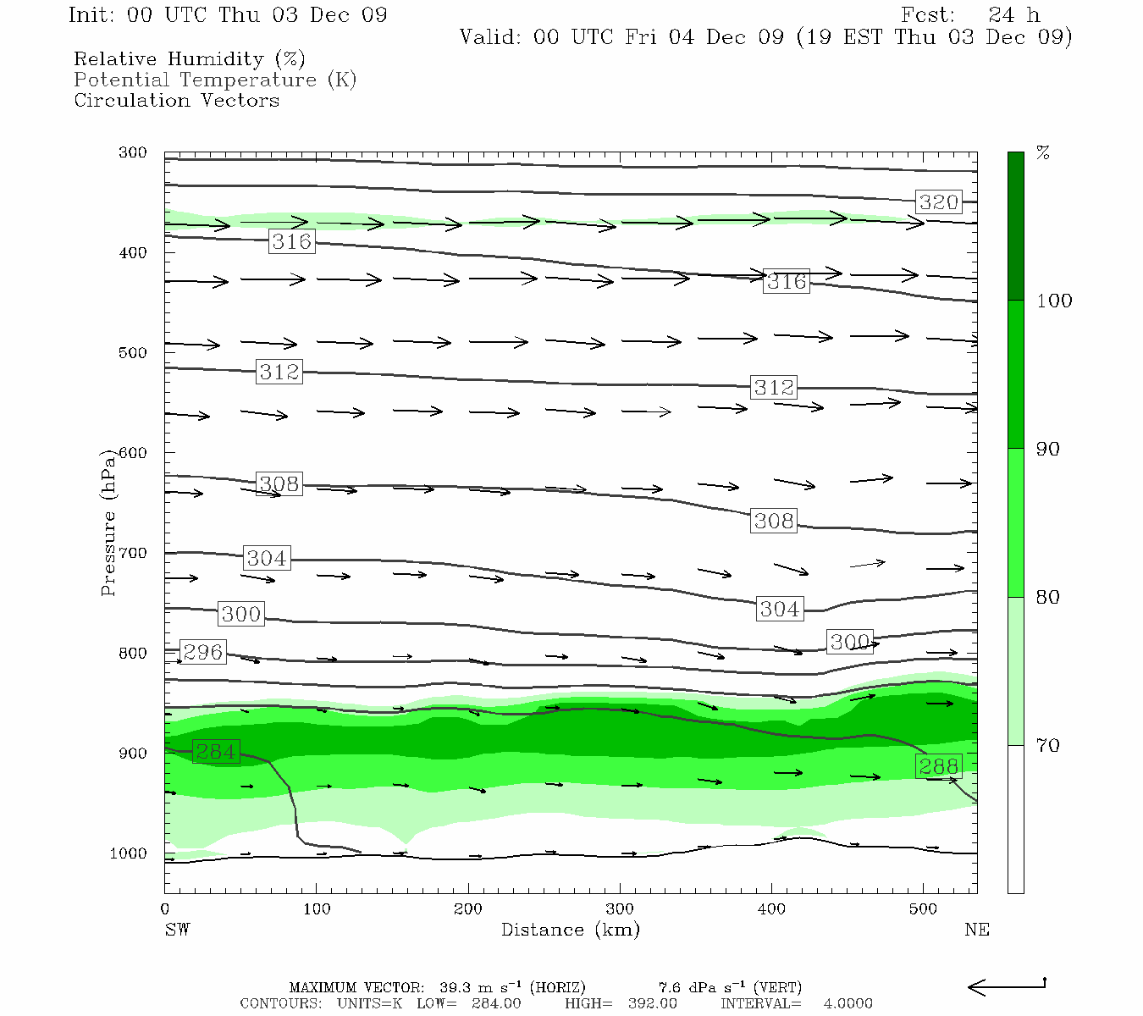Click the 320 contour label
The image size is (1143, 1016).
click(x=938, y=202)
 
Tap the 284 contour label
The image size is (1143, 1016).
click(x=216, y=751)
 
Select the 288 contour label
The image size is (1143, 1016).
click(x=938, y=766)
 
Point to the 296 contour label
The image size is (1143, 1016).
click(x=203, y=652)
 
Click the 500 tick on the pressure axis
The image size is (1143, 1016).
click(x=132, y=353)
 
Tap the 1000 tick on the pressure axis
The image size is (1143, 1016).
click(x=128, y=853)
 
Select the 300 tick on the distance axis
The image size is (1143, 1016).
click(x=620, y=909)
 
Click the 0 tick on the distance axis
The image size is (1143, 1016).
click(x=165, y=909)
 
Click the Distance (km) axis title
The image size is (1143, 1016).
click(x=570, y=930)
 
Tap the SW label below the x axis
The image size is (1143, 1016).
click(x=177, y=930)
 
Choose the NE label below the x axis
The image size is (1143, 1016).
click(x=976, y=930)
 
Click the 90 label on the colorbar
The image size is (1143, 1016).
click(x=1048, y=449)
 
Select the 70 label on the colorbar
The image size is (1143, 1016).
click(x=1048, y=745)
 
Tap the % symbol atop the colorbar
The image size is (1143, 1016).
click(x=1044, y=153)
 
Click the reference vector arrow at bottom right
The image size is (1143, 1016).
click(x=1007, y=986)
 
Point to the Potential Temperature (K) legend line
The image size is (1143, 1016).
click(x=215, y=80)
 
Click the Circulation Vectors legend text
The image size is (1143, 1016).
click(x=176, y=100)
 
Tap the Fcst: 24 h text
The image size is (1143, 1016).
click(x=970, y=15)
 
